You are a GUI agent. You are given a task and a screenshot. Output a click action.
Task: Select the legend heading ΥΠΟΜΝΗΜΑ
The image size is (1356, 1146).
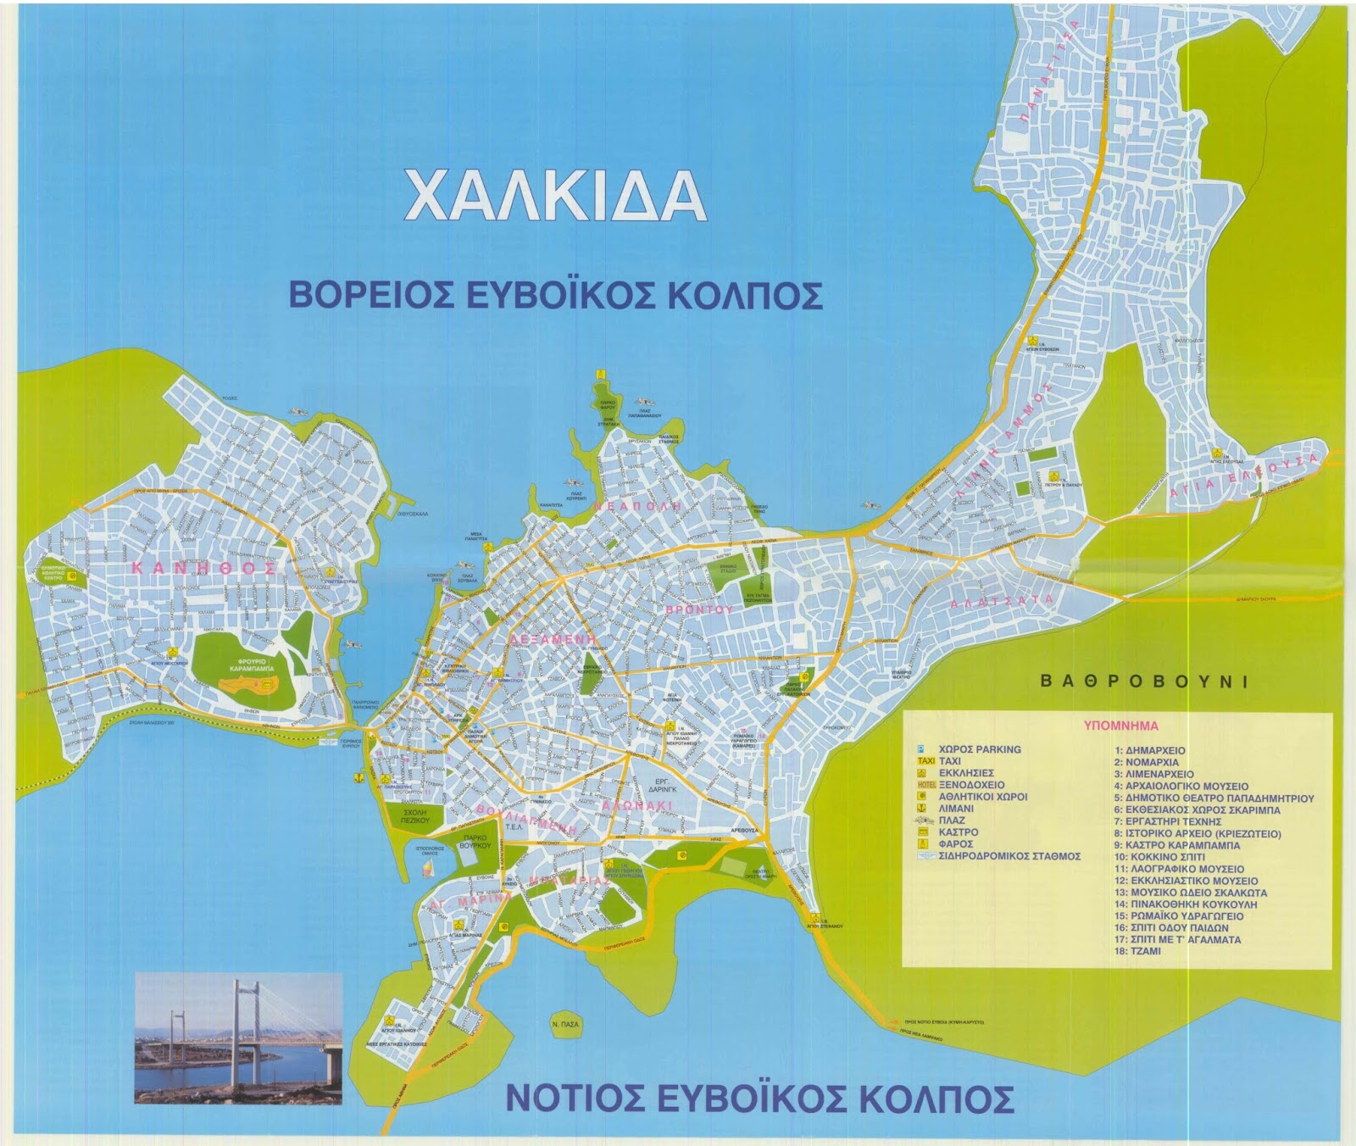1120,726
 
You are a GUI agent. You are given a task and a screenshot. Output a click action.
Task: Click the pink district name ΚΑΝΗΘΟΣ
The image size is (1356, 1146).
203,569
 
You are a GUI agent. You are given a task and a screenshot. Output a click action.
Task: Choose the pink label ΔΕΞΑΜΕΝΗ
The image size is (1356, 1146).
551,639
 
